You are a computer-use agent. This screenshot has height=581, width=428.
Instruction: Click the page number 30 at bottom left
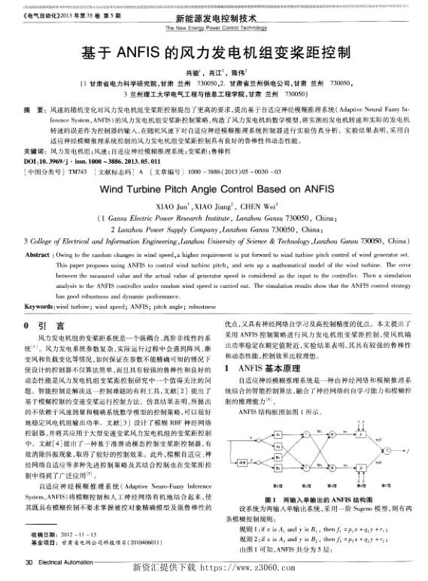29,561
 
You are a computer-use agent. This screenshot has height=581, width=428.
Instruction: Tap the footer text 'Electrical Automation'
68,561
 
